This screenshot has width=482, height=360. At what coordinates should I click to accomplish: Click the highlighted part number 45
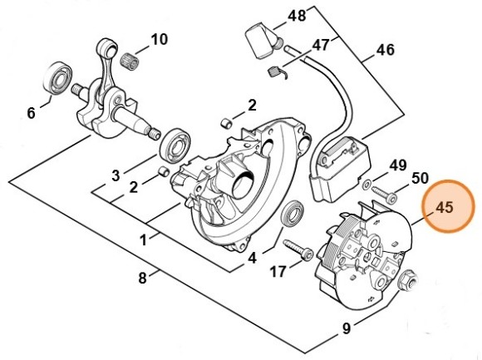pos(445,207)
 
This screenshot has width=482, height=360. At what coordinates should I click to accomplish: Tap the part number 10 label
pos(159,39)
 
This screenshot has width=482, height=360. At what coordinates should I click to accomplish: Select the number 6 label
pos(31,113)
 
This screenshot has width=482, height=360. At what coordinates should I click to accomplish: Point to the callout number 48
pos(297,15)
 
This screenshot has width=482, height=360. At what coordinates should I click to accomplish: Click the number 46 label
pos(385,50)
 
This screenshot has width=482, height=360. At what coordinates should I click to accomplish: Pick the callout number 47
pos(321,46)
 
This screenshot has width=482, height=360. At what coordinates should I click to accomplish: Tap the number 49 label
pos(398,165)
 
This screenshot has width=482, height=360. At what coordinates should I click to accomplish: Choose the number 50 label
pos(420,178)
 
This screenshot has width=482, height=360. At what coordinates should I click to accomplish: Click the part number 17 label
pos(278,272)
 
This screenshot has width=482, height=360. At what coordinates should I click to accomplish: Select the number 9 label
pos(347,328)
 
